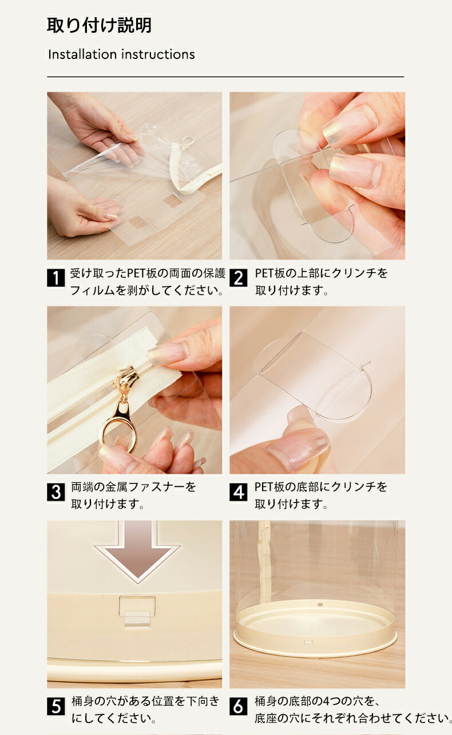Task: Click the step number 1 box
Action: click(x=55, y=278)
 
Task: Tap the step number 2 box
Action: click(x=238, y=278)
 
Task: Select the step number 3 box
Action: click(x=55, y=492)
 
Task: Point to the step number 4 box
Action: click(x=238, y=492)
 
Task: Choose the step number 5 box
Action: click(x=55, y=706)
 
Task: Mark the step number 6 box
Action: click(x=238, y=706)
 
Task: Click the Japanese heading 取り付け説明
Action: click(x=100, y=25)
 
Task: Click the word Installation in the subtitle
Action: click(x=82, y=54)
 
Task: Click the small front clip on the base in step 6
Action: click(x=309, y=643)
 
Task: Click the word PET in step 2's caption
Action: click(x=265, y=273)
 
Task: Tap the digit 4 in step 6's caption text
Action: click(x=327, y=702)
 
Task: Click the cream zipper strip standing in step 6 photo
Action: click(x=264, y=561)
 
